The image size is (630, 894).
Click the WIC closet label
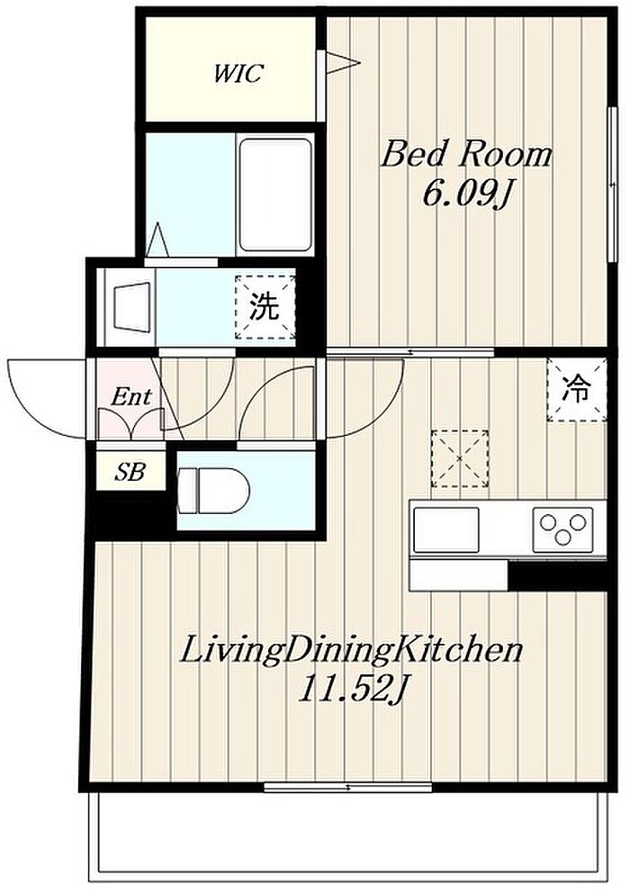238,74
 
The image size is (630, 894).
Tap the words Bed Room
466,154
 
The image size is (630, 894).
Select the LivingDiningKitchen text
351,651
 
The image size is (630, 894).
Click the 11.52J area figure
352,691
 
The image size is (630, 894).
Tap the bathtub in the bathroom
275,195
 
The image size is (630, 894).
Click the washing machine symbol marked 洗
265,308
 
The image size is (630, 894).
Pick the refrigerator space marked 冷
576,390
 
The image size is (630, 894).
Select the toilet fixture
214,490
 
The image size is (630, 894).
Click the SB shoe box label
130,472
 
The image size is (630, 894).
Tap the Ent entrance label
131,396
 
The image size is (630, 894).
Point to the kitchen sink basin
446,529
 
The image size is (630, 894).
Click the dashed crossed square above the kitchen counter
460,459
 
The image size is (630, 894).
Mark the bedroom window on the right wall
613,184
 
